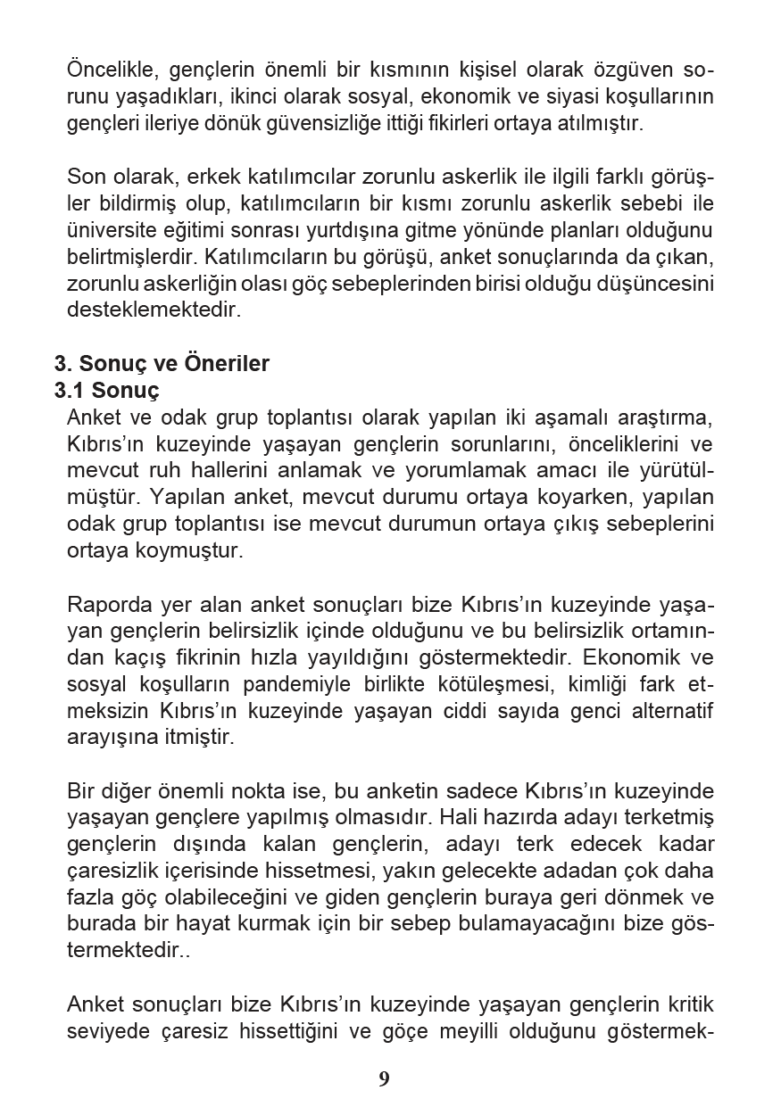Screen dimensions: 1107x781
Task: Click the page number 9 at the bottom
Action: (384, 1079)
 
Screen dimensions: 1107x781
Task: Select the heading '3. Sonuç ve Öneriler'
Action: (162, 364)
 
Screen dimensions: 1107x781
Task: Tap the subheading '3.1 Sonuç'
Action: (107, 390)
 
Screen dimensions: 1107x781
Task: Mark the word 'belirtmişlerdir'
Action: (132, 257)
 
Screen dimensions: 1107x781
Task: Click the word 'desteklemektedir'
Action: (141, 310)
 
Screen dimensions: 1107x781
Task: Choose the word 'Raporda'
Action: (104, 605)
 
